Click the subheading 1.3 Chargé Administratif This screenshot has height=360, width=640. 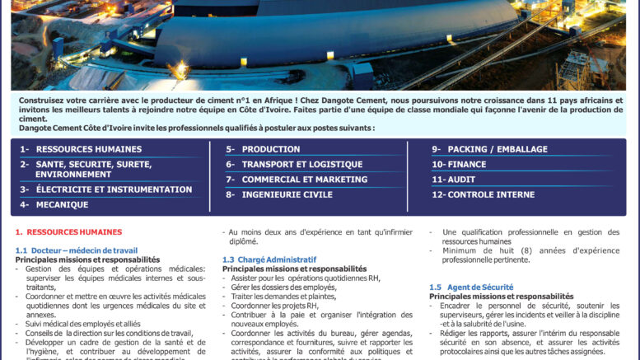269,259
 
